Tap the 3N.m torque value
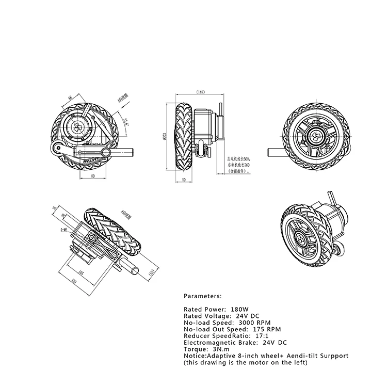(x=216, y=349)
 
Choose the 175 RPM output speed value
(x=266, y=329)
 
